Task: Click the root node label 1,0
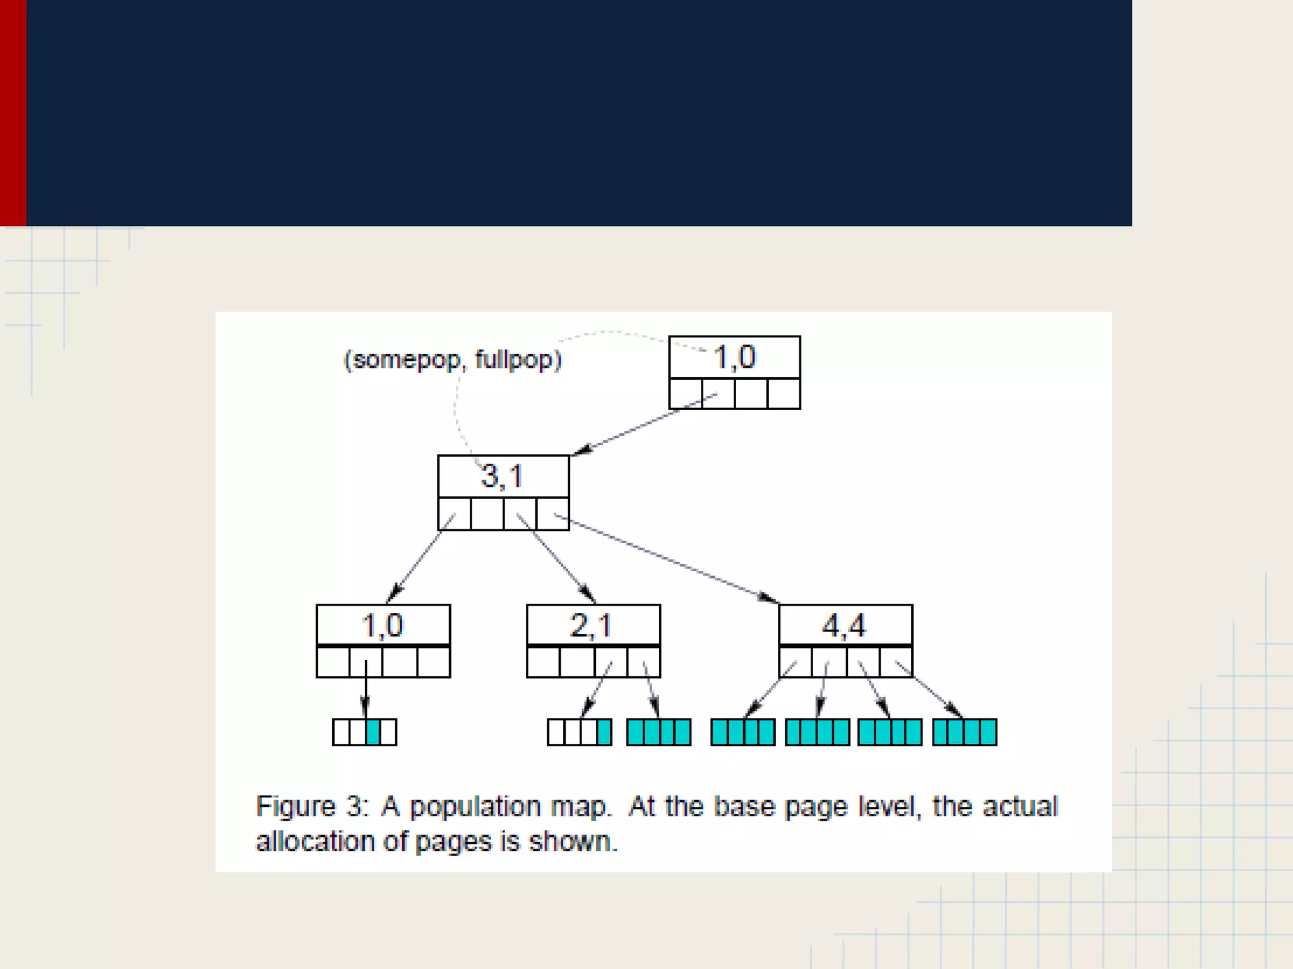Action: tap(734, 357)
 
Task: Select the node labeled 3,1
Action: tap(503, 476)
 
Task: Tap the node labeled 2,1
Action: tap(592, 625)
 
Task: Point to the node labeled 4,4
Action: tap(845, 625)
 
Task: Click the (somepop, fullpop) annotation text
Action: tap(452, 360)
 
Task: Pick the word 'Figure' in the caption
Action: tap(295, 807)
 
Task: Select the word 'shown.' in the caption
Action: tap(573, 842)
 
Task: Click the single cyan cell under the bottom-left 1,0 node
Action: tap(373, 732)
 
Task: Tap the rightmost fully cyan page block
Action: tap(964, 732)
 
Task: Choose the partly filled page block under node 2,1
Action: tap(579, 732)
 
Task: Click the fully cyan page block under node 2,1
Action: tap(658, 732)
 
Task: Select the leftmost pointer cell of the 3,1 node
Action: tap(455, 514)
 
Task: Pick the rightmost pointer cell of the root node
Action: tap(784, 394)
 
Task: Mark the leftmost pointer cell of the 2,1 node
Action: tap(544, 662)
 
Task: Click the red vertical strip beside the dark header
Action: tap(13, 113)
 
